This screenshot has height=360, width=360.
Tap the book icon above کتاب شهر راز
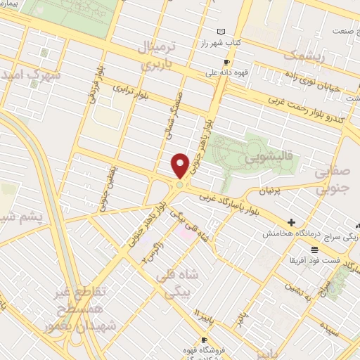(222, 32)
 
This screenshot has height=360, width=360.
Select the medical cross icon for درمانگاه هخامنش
(292, 222)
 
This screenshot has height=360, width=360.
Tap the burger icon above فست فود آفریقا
(314, 250)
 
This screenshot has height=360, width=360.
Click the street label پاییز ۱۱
(202, 309)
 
